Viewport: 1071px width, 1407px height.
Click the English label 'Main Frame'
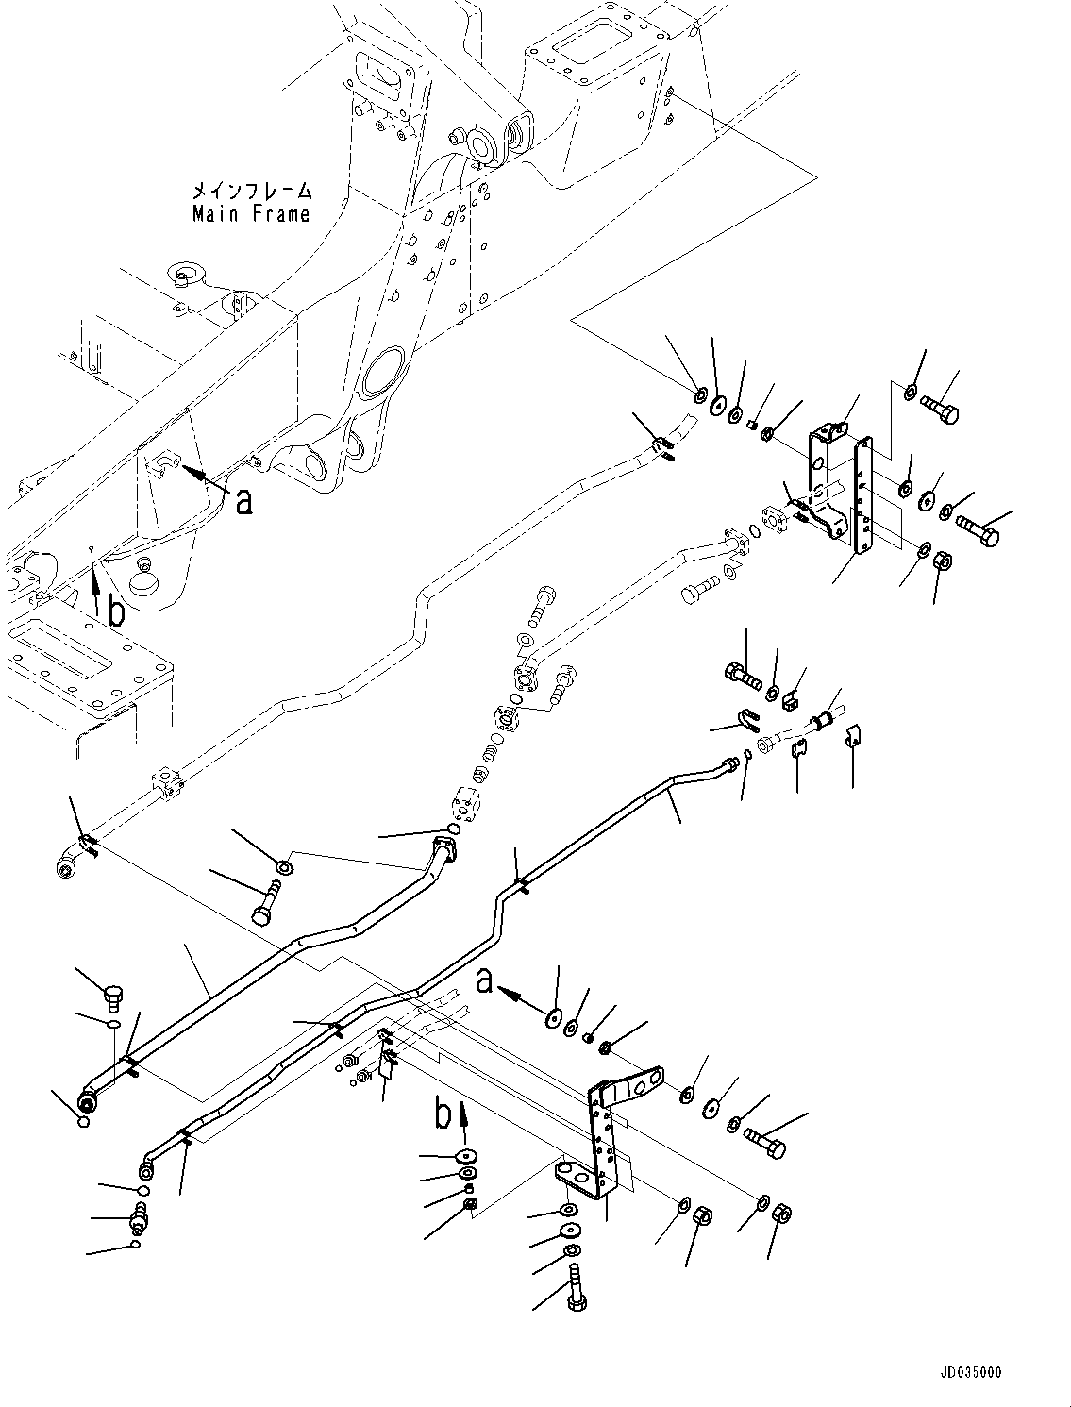pos(251,214)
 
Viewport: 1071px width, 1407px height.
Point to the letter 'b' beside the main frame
pos(116,612)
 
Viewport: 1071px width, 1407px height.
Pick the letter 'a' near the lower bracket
pos(484,984)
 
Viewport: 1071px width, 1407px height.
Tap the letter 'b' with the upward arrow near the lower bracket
pos(443,1115)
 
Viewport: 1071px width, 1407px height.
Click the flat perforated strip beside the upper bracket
pos(862,495)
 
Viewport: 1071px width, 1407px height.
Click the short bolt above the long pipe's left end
pos(110,995)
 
